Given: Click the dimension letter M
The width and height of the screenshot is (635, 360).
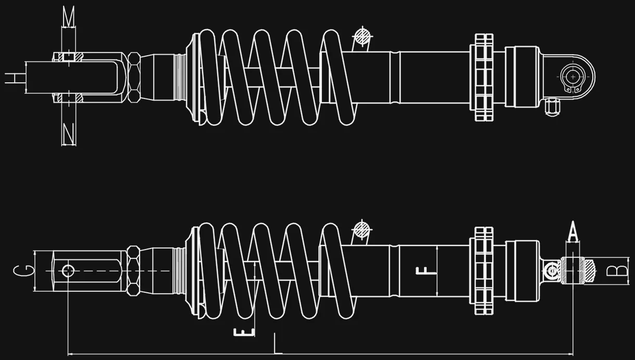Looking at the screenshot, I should (68, 17).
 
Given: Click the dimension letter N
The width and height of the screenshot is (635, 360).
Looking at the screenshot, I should (68, 134).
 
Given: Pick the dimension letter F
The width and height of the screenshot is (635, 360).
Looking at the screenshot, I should (425, 270).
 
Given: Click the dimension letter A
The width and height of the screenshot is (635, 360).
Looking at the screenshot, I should (573, 231).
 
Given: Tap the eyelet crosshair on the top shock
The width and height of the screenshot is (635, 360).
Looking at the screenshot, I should (574, 77).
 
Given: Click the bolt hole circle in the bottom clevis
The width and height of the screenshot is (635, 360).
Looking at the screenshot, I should (68, 270).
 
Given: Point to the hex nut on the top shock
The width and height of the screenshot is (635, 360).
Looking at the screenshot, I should (133, 78).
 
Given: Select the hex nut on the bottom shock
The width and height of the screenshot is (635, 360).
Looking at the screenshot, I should (133, 270).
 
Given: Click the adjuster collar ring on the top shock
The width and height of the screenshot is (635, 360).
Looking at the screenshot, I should (483, 78).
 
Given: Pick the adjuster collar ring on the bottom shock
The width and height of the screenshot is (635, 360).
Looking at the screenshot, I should (483, 271).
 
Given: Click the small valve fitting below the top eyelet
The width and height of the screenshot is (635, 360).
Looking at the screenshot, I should (553, 108).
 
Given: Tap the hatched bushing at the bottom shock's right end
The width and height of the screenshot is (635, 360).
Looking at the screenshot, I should (589, 270).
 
